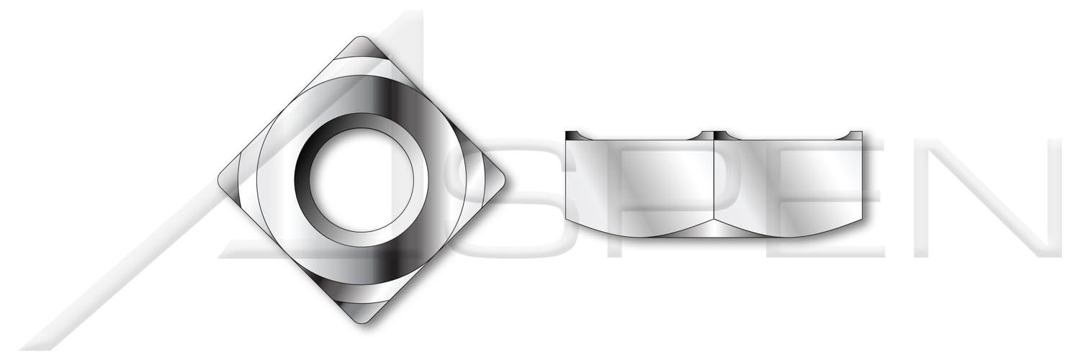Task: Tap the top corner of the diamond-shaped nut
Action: click(x=361, y=37)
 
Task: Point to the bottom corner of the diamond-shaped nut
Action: click(x=361, y=322)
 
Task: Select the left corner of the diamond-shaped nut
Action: click(x=220, y=180)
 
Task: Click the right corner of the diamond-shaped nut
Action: click(x=503, y=180)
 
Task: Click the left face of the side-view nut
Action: click(x=639, y=184)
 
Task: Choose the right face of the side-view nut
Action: click(x=788, y=184)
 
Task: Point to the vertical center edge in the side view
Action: click(x=714, y=184)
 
